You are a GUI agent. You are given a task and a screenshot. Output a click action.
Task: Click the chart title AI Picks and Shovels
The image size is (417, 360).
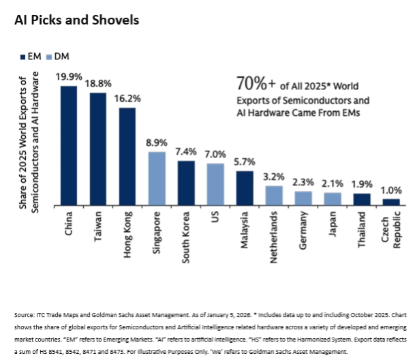pyautogui.click(x=76, y=20)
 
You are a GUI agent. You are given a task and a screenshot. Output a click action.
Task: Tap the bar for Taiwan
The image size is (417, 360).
pyautogui.click(x=98, y=149)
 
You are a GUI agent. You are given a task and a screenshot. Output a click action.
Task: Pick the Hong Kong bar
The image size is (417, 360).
pyautogui.click(x=127, y=156)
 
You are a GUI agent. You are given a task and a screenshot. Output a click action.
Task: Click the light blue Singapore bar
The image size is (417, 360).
pyautogui.click(x=157, y=178)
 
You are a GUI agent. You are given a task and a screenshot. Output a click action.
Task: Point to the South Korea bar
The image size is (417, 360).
pyautogui.click(x=186, y=183)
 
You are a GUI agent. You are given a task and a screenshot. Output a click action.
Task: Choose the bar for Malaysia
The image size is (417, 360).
pyautogui.click(x=245, y=187)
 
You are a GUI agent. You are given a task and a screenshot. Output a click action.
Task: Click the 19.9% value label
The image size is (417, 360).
pyautogui.click(x=69, y=78)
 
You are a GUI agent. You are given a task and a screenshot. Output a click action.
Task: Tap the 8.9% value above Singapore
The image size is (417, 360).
pyautogui.click(x=157, y=143)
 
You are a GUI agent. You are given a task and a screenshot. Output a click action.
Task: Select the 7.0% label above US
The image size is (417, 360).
pyautogui.click(x=215, y=155)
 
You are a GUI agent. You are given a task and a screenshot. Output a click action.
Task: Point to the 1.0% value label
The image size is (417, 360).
pyautogui.click(x=390, y=190)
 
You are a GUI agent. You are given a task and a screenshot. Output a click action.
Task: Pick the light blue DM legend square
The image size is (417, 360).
pyautogui.click(x=49, y=55)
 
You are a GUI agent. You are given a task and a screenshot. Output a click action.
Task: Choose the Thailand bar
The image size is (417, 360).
pyautogui.click(x=361, y=199)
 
